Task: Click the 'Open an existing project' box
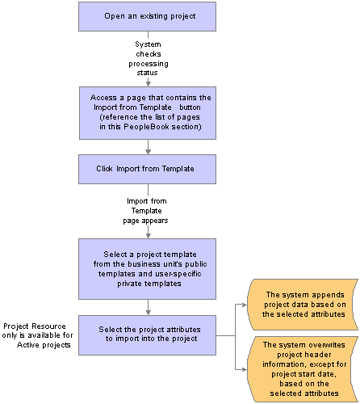147,16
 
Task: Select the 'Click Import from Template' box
147,169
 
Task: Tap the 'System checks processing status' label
149,58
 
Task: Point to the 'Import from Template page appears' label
146,211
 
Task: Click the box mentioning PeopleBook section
148,113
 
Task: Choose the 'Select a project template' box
147,269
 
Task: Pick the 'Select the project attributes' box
147,335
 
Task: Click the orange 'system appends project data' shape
303,305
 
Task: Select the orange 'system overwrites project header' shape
303,369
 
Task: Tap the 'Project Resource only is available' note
37,335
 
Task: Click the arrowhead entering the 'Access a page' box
148,83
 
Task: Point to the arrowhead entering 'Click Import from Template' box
148,151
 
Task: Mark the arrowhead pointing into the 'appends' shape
245,305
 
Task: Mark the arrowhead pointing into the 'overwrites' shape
245,369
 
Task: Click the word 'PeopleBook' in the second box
146,127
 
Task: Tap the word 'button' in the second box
190,107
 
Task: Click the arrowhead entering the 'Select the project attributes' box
148,313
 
